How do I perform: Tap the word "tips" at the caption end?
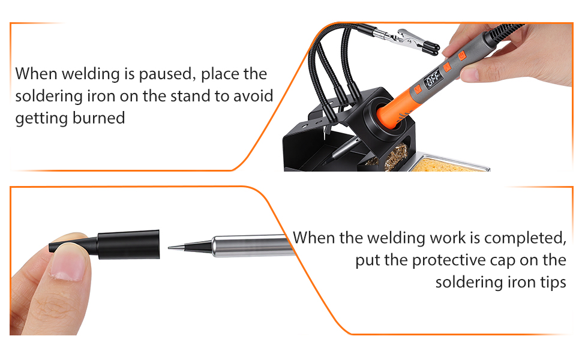tap(551, 281)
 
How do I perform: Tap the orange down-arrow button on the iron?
tap(448, 67)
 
